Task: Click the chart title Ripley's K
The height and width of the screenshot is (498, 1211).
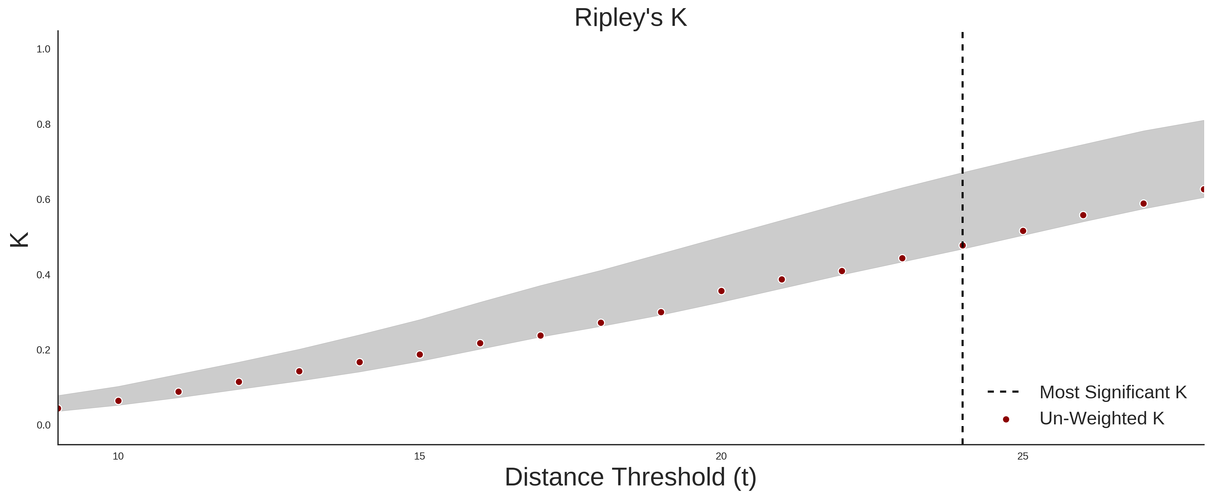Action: point(630,18)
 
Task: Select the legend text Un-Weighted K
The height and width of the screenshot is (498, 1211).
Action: point(1102,418)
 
